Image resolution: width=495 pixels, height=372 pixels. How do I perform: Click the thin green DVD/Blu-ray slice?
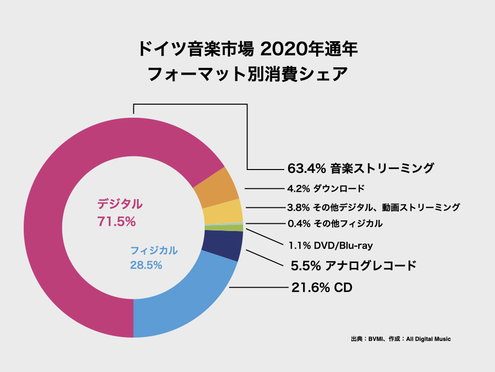pos(223,228)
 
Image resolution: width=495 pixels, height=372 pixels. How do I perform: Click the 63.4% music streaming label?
pos(360,169)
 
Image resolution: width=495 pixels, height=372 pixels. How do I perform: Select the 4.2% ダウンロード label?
pos(325,188)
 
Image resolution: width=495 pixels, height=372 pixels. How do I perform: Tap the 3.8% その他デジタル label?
pos(373,207)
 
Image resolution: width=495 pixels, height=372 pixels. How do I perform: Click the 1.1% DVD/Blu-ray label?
pos(331,246)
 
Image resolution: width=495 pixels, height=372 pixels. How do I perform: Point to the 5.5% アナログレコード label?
pos(353,265)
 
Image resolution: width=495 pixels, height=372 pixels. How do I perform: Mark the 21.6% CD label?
pos(321,288)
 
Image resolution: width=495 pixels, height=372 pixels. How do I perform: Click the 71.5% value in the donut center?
pos(116,222)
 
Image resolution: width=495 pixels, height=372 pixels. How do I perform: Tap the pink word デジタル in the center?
pos(120,204)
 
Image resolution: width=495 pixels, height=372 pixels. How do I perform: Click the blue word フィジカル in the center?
pos(154,251)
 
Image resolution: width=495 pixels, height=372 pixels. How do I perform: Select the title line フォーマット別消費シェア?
pos(247,75)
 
